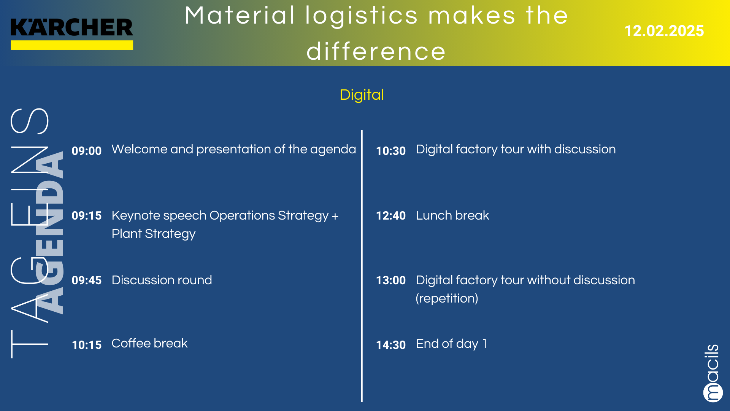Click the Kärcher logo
pyautogui.click(x=72, y=34)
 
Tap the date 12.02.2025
pyautogui.click(x=664, y=31)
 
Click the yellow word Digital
pyautogui.click(x=362, y=95)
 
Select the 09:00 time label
pyautogui.click(x=87, y=151)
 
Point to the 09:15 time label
pyautogui.click(x=87, y=215)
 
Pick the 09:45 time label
pyautogui.click(x=87, y=280)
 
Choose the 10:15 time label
pyautogui.click(x=87, y=345)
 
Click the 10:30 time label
pyautogui.click(x=391, y=151)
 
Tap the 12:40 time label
pyautogui.click(x=391, y=215)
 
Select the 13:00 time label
pyautogui.click(x=391, y=280)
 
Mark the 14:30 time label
pyautogui.click(x=391, y=345)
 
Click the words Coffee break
pyautogui.click(x=149, y=343)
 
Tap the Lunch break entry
pyautogui.click(x=452, y=215)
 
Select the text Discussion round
pyautogui.click(x=162, y=280)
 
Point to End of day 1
pyautogui.click(x=451, y=344)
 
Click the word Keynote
pyautogui.click(x=136, y=216)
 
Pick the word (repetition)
pyautogui.click(x=447, y=298)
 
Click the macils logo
pyautogui.click(x=712, y=373)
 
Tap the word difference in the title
pyautogui.click(x=376, y=51)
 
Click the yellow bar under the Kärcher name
pyautogui.click(x=72, y=45)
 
